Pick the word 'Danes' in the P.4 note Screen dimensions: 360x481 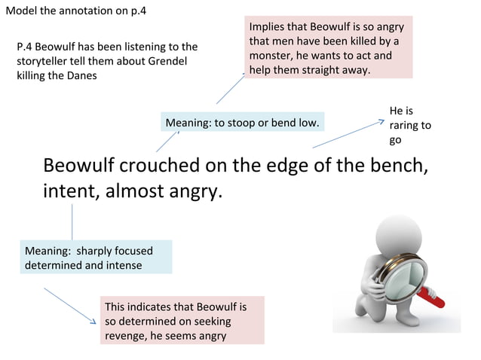pos(81,76)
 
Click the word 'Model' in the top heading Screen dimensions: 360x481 pos(21,10)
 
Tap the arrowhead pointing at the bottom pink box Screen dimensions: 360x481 pos(93,322)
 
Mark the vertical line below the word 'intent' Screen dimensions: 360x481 pos(72,221)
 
